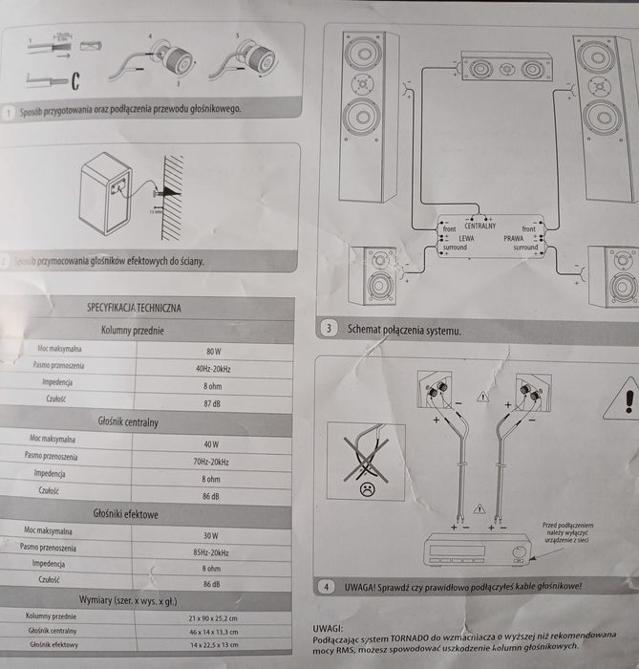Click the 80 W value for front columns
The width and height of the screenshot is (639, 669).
(x=212, y=351)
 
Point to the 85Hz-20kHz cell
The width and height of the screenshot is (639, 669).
(x=210, y=553)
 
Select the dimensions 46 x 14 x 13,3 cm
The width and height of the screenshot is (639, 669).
(x=213, y=632)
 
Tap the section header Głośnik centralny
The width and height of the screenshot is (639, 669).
(x=128, y=421)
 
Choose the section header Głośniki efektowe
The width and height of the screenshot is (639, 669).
(x=127, y=514)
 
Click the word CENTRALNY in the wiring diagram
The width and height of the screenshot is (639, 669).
(x=480, y=227)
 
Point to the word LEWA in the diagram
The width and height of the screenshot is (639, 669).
(x=466, y=238)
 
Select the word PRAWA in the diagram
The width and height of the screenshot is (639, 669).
(x=515, y=238)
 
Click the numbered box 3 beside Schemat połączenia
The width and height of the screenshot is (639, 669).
(x=329, y=329)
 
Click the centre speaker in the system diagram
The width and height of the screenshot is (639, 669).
(x=506, y=69)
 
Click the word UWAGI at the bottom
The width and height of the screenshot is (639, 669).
(x=330, y=628)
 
